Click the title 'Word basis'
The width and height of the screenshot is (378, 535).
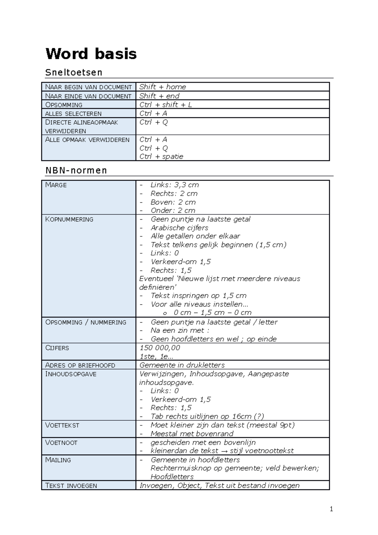point(91,54)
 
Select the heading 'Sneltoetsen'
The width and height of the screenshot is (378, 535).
point(74,72)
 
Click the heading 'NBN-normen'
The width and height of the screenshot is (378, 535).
point(76,170)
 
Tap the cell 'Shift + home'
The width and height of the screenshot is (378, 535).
point(163,87)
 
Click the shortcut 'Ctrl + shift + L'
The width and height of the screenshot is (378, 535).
point(165,105)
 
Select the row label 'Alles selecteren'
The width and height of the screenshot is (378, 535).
point(73,114)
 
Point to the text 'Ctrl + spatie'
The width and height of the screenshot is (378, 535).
point(161,157)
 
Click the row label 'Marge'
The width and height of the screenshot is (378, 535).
point(56,185)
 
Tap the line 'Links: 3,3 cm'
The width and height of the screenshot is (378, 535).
point(175,185)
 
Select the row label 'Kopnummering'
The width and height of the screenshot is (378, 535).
point(69,219)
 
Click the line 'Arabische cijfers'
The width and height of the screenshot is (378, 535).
point(179,228)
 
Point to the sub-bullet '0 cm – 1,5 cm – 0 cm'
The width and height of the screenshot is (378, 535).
point(212,313)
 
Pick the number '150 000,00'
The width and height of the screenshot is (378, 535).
point(160,348)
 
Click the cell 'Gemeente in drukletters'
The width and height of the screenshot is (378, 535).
point(182,365)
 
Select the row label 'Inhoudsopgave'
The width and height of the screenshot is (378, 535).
point(71,374)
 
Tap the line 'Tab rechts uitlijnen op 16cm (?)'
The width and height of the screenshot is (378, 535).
point(207,416)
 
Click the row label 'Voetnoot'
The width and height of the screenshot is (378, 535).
point(61,443)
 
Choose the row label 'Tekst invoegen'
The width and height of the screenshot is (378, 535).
point(71,486)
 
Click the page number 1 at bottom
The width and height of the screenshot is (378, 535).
point(331,509)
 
